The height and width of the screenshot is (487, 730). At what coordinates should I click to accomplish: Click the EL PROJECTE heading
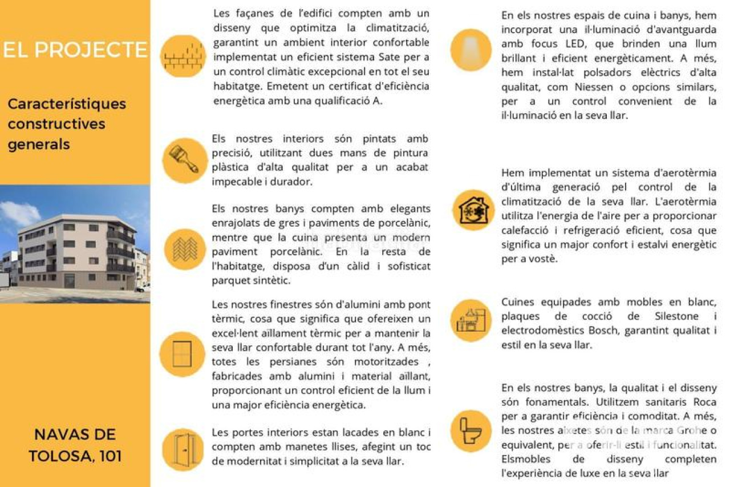coord(75,50)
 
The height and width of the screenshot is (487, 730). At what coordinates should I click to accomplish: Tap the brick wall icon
coord(182,56)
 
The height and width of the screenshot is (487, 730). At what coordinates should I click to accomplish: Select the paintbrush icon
coord(184,160)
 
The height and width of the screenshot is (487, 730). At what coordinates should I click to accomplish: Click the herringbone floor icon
coord(185,249)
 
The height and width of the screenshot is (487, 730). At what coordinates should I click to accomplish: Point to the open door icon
coord(183,449)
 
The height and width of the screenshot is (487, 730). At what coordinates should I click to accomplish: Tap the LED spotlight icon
coord(471,50)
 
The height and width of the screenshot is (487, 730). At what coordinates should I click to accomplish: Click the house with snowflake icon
coord(473,210)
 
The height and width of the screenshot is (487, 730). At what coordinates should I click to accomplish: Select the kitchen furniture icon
coord(471,321)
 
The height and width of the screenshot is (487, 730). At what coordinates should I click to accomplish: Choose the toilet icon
coord(471,430)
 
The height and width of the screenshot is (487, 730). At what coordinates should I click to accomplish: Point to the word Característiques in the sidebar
coord(67,104)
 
